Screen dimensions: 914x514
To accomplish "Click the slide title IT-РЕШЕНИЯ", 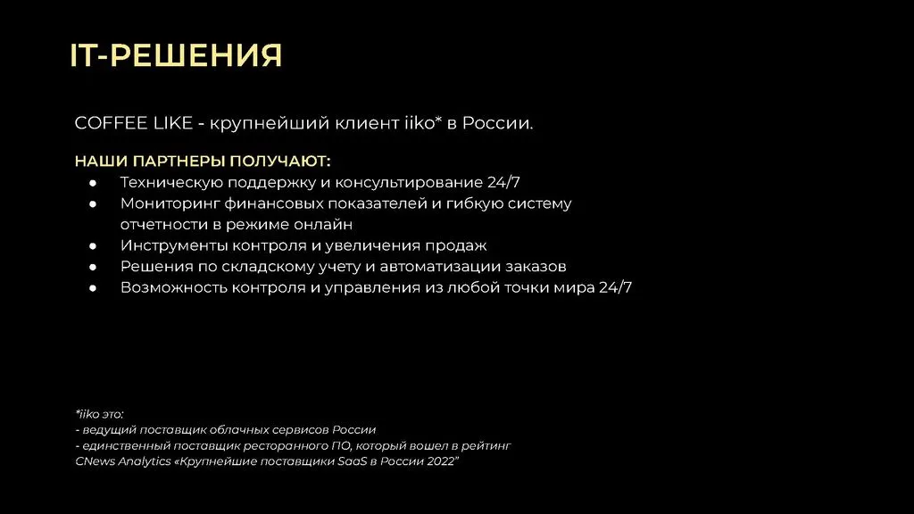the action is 176,55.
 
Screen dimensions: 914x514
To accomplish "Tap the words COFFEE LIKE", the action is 134,123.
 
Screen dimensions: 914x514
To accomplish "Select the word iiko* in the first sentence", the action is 423,122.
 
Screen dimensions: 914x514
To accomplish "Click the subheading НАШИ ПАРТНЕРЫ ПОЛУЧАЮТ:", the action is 203,161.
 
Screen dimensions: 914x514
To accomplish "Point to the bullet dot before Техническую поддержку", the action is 93,183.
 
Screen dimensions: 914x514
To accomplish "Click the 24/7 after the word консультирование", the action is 503,182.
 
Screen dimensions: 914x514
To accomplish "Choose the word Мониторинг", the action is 170,204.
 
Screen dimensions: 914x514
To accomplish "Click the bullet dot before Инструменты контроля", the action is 93,246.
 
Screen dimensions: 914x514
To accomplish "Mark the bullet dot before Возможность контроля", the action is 93,288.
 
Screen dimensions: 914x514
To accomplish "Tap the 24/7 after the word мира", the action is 616,287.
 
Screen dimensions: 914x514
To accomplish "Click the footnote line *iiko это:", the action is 99,414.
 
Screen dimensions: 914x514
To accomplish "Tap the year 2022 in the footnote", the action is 442,461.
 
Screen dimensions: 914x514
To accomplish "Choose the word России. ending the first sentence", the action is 498,123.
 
